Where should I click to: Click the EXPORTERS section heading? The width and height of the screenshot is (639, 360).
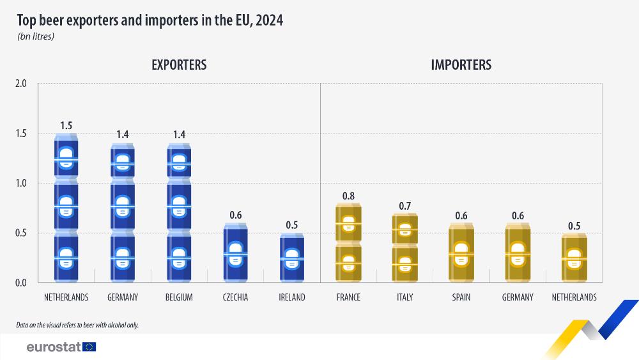[x=179, y=65]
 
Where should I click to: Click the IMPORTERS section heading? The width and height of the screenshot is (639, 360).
[x=461, y=65]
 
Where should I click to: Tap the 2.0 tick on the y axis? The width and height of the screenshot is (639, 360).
[x=20, y=84]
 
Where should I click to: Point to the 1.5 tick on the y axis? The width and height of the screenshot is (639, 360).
[x=20, y=134]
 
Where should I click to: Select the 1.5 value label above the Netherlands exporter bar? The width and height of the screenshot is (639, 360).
[x=66, y=125]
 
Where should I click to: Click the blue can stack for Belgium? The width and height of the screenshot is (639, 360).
[x=179, y=212]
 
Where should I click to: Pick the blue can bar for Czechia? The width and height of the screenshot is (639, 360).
[x=235, y=253]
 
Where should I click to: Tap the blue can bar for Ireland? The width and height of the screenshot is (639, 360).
[x=291, y=258]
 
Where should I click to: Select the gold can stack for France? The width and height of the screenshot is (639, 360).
[x=348, y=243]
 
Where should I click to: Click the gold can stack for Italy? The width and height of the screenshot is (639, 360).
[x=404, y=247]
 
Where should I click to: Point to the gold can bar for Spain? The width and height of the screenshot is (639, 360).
[x=461, y=253]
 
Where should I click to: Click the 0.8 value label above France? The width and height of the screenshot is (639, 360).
[x=348, y=196]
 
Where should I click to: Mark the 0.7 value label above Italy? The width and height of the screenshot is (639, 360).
[x=404, y=205]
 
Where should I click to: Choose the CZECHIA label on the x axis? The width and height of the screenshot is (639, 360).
[x=235, y=297]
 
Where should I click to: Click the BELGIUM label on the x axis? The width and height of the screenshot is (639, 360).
[x=179, y=297]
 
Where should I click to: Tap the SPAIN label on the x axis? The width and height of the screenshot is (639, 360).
[x=461, y=297]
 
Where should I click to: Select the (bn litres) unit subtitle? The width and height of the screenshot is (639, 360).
[x=35, y=36]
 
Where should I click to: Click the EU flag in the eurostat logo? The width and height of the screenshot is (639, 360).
[x=89, y=347]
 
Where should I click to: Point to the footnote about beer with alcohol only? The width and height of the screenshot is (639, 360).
[x=77, y=325]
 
